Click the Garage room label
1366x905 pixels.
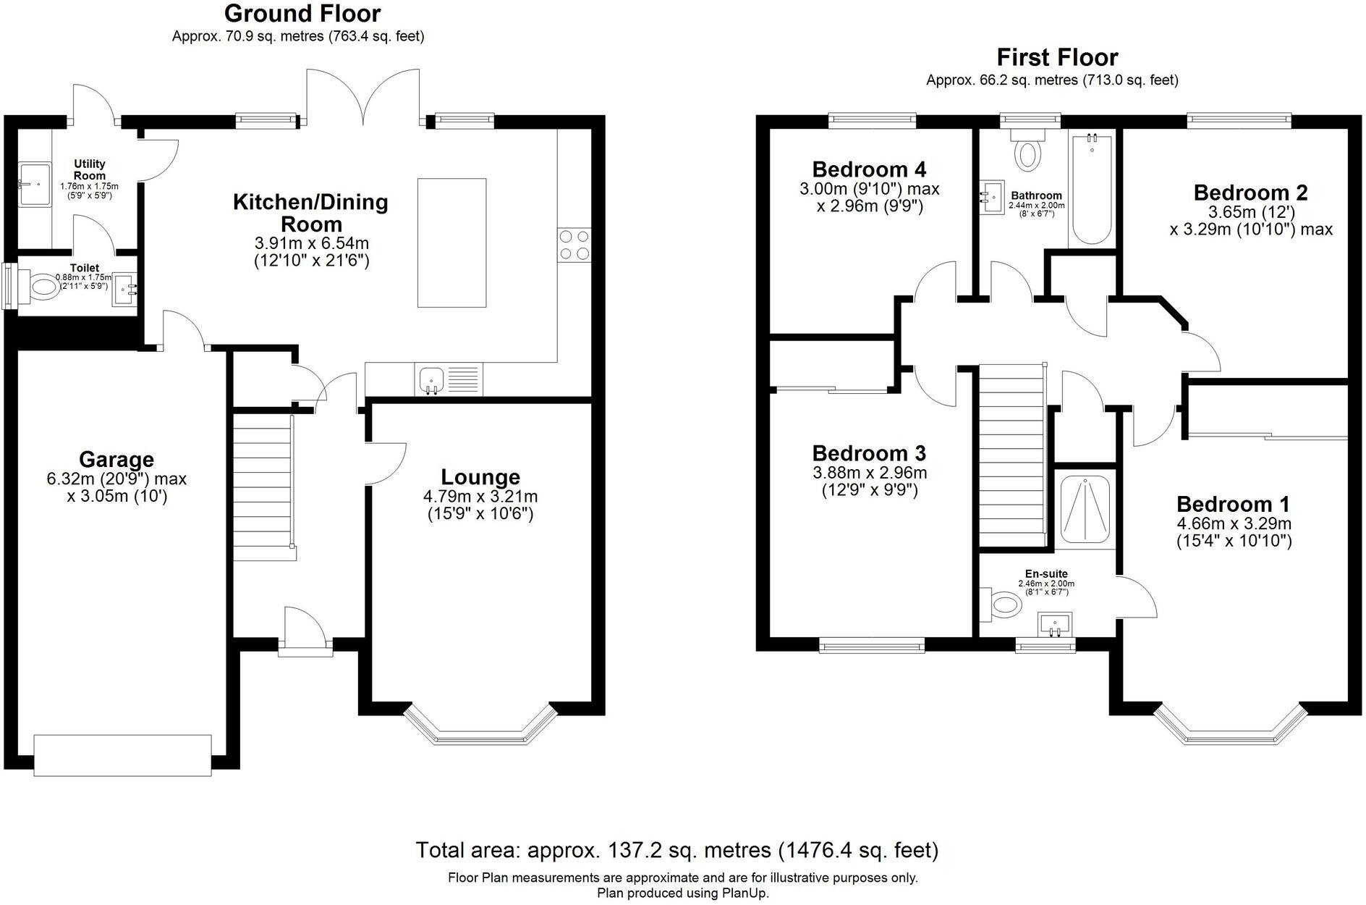(116, 459)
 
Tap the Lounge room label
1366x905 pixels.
(480, 477)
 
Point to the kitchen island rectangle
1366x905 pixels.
(452, 243)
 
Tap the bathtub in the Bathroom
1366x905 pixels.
(1092, 188)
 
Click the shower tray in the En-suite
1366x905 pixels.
(1084, 508)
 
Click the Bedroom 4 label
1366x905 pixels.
(869, 169)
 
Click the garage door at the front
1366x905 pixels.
(123, 755)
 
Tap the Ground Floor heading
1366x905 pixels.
(302, 13)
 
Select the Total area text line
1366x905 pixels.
(677, 850)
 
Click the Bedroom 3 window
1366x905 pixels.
(872, 644)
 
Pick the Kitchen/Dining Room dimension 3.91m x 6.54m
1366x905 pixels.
(310, 243)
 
